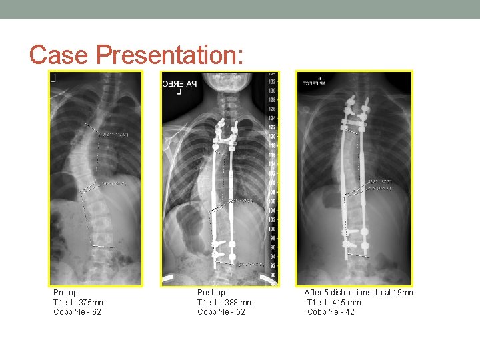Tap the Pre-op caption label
65,293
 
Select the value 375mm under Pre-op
91,303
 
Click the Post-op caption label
211,293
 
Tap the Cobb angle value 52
240,312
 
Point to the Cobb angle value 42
349,312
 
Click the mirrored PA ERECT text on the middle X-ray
179,84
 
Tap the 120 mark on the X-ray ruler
272,136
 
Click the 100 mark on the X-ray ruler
272,229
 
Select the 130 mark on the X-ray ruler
272,90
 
